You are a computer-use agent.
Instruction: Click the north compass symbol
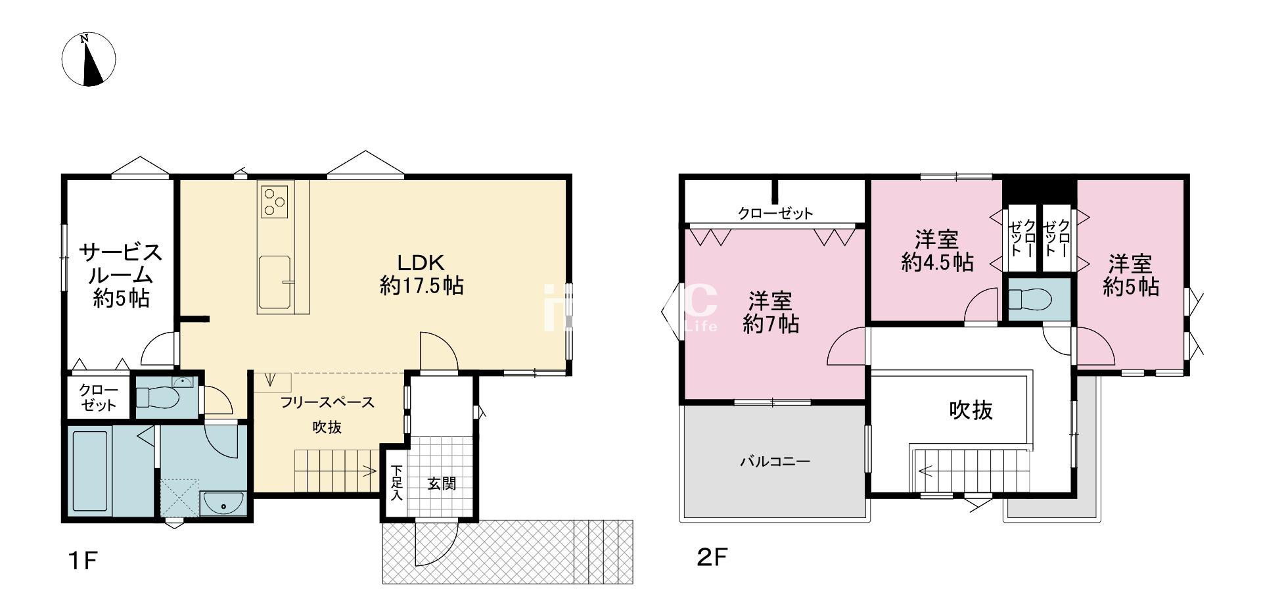(x=89, y=59)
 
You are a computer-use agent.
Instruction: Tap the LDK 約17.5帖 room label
(x=421, y=274)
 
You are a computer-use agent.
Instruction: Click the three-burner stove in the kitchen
(x=275, y=200)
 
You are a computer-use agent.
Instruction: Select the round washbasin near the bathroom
(x=223, y=504)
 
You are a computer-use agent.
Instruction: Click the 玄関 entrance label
(x=442, y=484)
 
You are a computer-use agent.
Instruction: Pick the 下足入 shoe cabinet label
(x=396, y=483)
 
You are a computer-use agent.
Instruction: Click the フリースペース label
(x=327, y=402)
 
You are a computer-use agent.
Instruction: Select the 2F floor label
(x=712, y=558)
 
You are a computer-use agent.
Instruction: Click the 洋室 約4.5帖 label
(x=937, y=250)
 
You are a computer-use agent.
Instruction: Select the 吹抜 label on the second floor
(x=971, y=410)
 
